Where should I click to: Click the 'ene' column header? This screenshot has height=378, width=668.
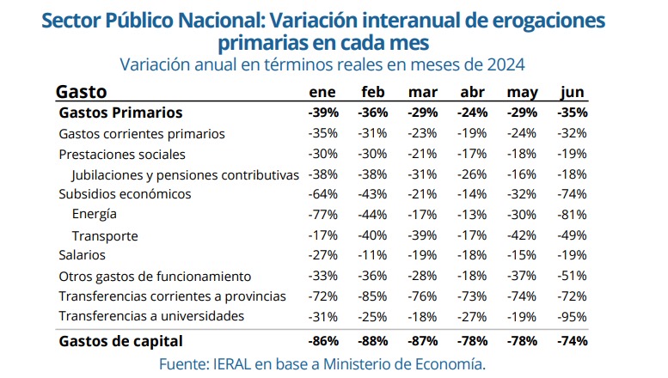click(x=322, y=93)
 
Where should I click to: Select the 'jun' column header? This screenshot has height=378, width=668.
click(x=573, y=93)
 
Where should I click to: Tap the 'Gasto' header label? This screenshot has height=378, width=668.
click(x=81, y=92)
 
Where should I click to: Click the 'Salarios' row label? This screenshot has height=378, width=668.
click(x=82, y=255)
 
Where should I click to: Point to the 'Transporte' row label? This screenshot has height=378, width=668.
click(x=105, y=235)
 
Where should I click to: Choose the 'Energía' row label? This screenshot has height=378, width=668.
click(x=95, y=214)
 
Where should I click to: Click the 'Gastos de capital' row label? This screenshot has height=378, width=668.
click(x=115, y=341)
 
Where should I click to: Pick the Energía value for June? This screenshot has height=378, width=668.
click(x=572, y=215)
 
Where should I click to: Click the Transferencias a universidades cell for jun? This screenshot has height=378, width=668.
click(x=572, y=317)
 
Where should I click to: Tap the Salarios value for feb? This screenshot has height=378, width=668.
click(x=373, y=255)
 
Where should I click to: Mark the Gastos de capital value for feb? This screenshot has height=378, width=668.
click(x=373, y=341)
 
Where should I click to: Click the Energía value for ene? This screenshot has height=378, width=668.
click(x=323, y=215)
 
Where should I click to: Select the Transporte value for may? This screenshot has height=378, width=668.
click(x=523, y=235)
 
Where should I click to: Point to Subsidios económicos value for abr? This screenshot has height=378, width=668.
click(x=474, y=194)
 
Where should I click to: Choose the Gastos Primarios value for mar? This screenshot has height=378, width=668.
click(x=423, y=113)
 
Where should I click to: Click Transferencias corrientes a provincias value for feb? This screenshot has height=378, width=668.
click(x=373, y=296)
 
